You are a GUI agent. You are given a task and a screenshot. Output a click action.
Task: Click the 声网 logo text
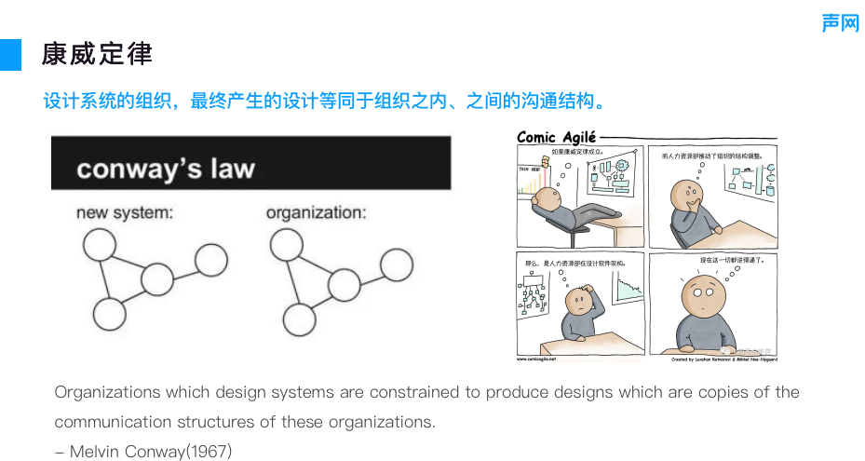[x=840, y=23]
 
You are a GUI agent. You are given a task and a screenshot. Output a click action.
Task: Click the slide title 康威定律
[x=97, y=54]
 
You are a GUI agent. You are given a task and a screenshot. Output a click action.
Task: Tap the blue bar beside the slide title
[x=10, y=55]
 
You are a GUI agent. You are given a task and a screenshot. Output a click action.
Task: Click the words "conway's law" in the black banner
[x=166, y=169]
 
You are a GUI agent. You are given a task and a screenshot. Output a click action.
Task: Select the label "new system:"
[x=125, y=213]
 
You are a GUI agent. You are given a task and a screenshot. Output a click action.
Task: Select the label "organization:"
[x=317, y=213]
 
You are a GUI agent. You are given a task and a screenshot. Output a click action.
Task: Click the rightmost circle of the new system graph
[x=210, y=260]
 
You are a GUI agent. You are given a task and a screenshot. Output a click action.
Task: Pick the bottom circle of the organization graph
[x=299, y=319]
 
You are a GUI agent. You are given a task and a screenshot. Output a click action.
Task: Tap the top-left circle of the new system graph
[x=100, y=245]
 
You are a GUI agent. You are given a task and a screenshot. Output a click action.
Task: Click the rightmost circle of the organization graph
[x=397, y=265]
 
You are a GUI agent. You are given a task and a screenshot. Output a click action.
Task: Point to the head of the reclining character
[x=549, y=198]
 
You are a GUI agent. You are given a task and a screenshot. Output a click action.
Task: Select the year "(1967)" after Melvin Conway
[x=209, y=452]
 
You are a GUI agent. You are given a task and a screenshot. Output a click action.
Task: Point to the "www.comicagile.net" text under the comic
[x=536, y=358]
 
